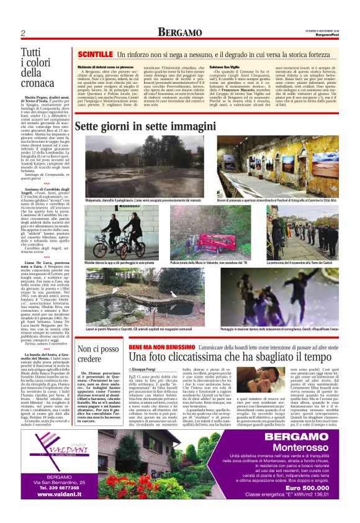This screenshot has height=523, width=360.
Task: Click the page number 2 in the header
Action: [x=22, y=34]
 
